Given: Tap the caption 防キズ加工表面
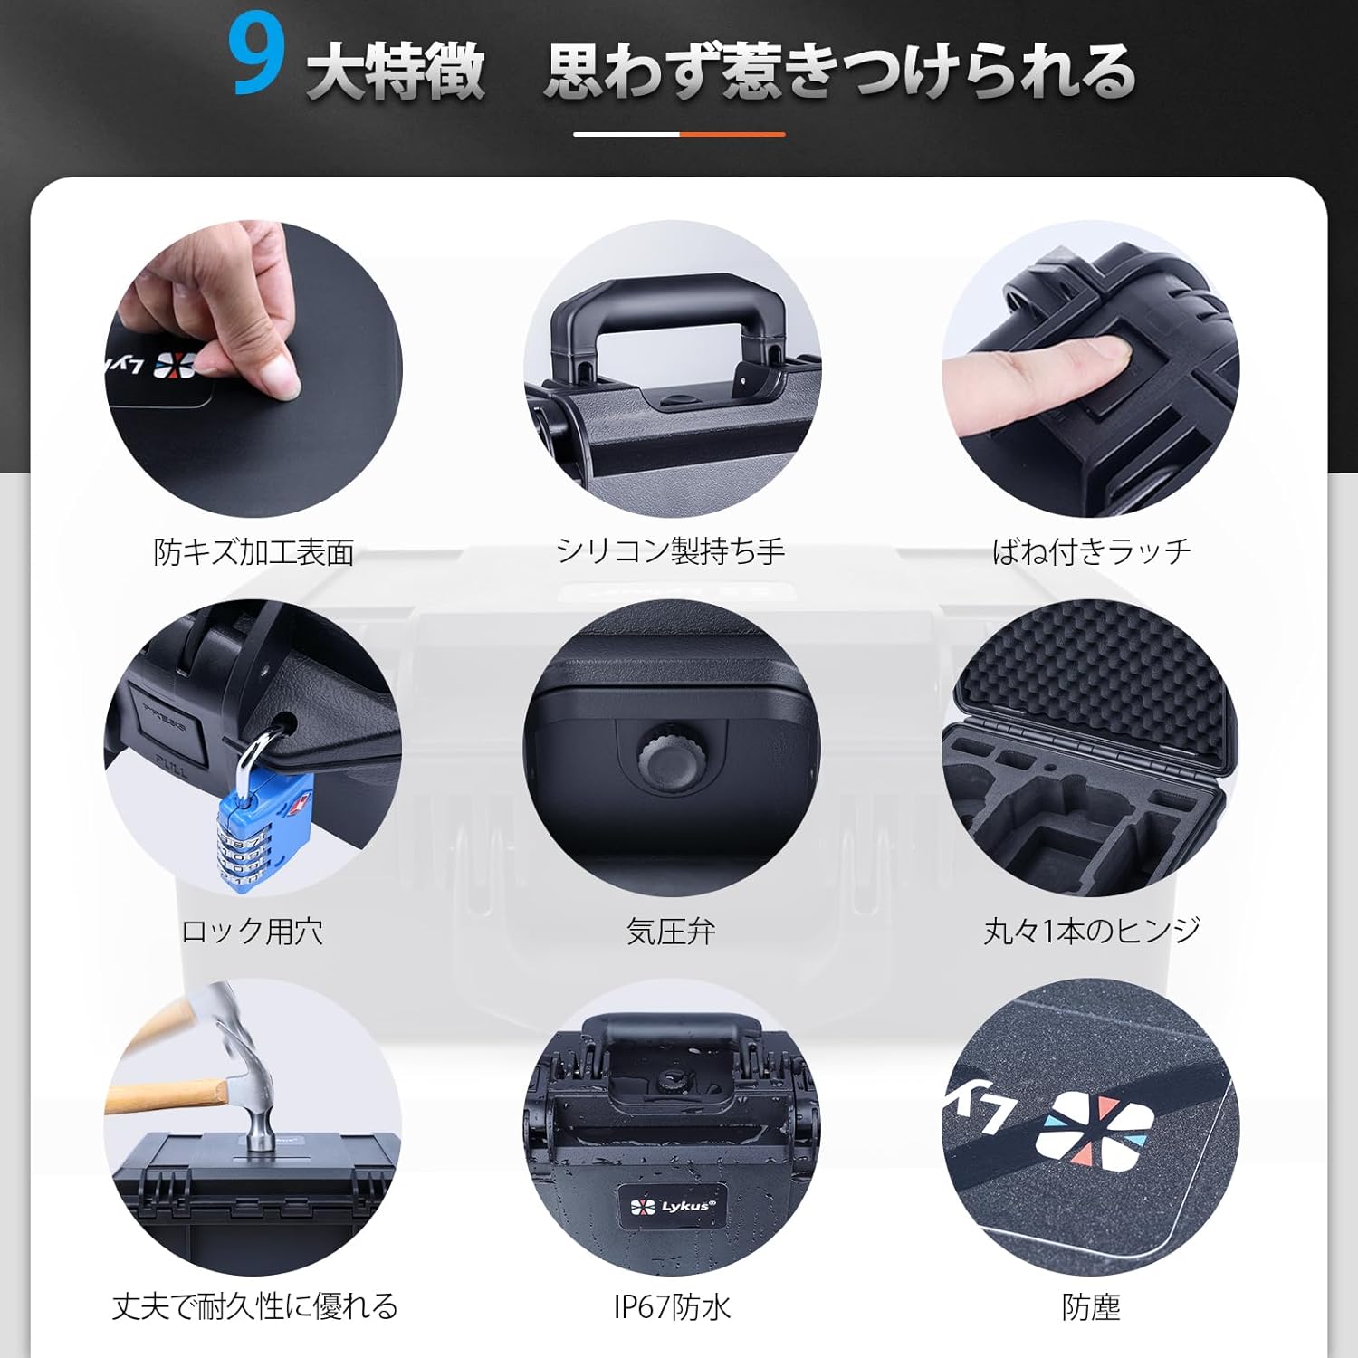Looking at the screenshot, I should click(253, 551).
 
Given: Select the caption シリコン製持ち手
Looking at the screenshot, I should click(671, 550).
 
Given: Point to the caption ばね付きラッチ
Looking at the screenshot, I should click(1091, 550).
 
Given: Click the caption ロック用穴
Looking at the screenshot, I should click(253, 931).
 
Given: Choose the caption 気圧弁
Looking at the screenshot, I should click(671, 931).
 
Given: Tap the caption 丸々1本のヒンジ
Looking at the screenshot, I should click(1091, 930).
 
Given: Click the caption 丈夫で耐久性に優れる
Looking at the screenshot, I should click(254, 1305).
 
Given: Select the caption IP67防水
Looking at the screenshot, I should click(672, 1306).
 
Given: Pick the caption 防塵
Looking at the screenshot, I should click(1091, 1306).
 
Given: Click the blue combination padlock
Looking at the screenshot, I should click(263, 828).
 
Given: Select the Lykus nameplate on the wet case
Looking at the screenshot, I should click(672, 1205).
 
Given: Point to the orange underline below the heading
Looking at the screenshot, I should click(732, 134).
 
